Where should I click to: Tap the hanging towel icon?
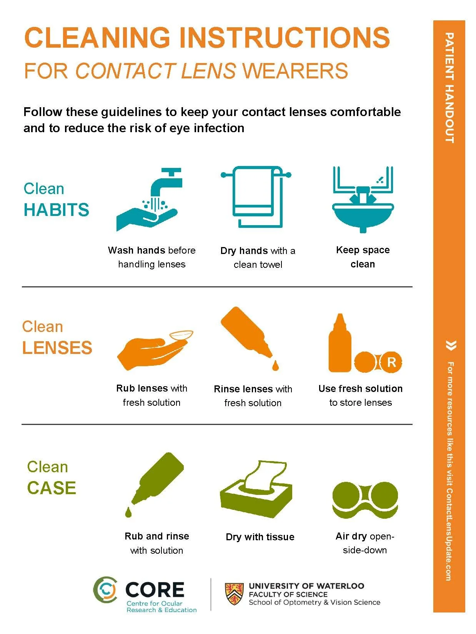(x=256, y=196)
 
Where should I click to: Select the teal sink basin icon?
(x=363, y=217)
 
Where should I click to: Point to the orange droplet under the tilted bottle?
(x=275, y=365)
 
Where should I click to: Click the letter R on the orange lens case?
(x=391, y=362)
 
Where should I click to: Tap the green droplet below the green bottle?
(x=128, y=512)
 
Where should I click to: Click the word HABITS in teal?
(x=57, y=210)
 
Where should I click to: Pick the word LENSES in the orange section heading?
(x=57, y=347)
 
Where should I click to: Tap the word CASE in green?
(x=52, y=488)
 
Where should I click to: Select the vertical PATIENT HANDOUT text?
(x=449, y=88)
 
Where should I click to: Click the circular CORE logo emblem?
(x=105, y=589)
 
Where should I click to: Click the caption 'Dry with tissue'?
(x=260, y=537)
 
